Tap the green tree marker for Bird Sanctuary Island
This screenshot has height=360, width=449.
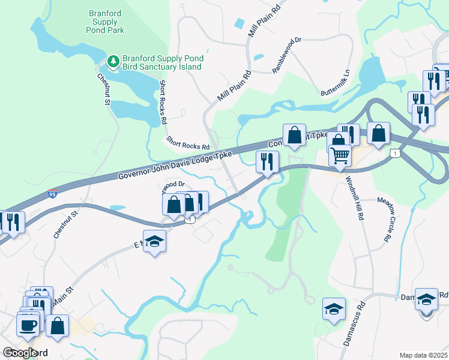(x=113, y=61)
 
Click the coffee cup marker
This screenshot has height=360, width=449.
(x=28, y=326)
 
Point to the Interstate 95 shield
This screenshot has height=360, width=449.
(x=53, y=194)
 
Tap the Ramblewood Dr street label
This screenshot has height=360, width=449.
(x=286, y=56)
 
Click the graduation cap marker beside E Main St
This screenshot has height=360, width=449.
(x=155, y=241)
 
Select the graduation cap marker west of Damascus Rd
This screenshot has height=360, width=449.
(x=334, y=308)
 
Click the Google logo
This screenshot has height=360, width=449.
(x=20, y=353)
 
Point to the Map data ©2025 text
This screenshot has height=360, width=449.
(x=423, y=355)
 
